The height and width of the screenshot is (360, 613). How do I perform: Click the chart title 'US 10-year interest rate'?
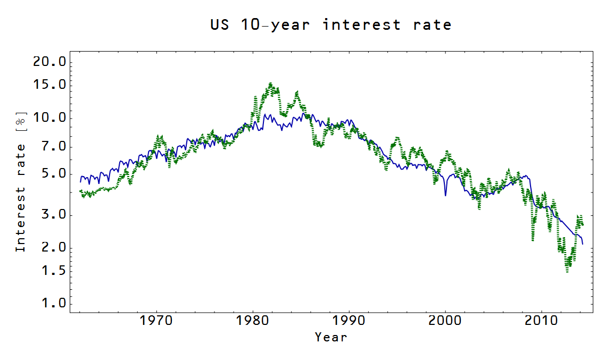pyautogui.click(x=330, y=24)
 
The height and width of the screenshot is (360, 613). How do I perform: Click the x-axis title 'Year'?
pyautogui.click(x=330, y=337)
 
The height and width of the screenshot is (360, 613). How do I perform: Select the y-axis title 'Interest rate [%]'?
pyautogui.click(x=20, y=182)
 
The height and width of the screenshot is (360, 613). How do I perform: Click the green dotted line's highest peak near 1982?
pyautogui.click(x=270, y=83)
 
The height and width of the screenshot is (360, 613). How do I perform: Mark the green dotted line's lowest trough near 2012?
pyautogui.click(x=567, y=271)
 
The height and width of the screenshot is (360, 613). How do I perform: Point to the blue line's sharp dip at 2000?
pyautogui.click(x=445, y=195)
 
